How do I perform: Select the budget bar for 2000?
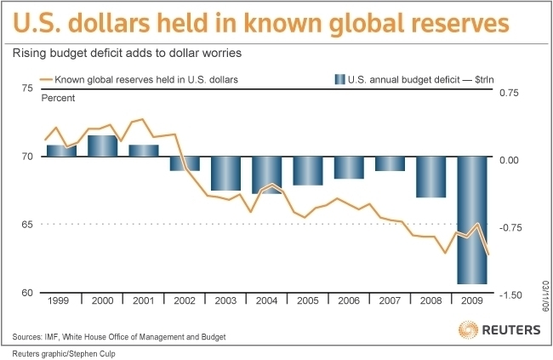(x=102, y=146)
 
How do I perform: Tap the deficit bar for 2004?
(x=266, y=174)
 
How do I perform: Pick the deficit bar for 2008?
(x=430, y=176)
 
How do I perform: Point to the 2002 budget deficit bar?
(x=185, y=163)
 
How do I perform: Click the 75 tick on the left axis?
(x=26, y=89)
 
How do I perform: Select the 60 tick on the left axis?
(x=26, y=293)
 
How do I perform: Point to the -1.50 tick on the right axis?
(x=509, y=294)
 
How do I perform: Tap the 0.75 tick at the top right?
(x=509, y=93)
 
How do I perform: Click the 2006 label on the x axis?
(x=349, y=301)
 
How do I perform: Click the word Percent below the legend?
(x=58, y=98)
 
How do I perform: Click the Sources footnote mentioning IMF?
(x=119, y=337)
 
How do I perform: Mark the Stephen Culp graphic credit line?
(x=60, y=353)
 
